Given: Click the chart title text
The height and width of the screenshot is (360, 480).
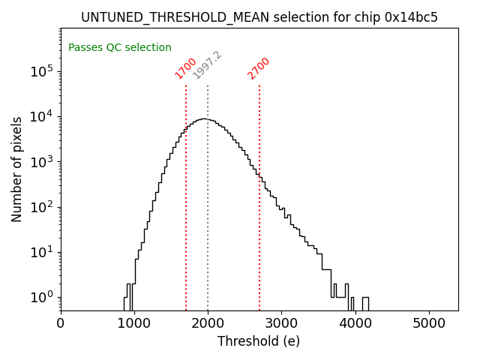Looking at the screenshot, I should pyautogui.click(x=259, y=16).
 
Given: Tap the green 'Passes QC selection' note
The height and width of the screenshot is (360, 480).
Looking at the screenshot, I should pyautogui.click(x=120, y=47).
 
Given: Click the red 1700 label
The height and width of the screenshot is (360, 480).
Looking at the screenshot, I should pyautogui.click(x=186, y=67).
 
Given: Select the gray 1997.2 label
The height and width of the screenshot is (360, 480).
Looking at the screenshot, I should pyautogui.click(x=208, y=65).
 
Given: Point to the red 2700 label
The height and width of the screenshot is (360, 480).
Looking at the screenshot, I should pyautogui.click(x=259, y=67).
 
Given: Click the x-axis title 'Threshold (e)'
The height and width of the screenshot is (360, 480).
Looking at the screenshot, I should pyautogui.click(x=259, y=341).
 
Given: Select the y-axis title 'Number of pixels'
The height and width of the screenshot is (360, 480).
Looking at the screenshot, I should pyautogui.click(x=17, y=169).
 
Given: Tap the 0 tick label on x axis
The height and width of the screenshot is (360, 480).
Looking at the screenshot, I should pyautogui.click(x=61, y=323).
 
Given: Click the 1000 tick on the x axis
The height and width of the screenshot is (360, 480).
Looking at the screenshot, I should pyautogui.click(x=134, y=323).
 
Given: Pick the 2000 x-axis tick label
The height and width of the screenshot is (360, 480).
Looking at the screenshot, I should pyautogui.click(x=208, y=323).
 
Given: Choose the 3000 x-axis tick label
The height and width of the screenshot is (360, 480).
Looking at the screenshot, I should pyautogui.click(x=281, y=323).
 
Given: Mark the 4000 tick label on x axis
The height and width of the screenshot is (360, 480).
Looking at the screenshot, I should pyautogui.click(x=355, y=323).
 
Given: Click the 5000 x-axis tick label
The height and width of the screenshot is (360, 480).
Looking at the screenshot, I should pyautogui.click(x=428, y=323).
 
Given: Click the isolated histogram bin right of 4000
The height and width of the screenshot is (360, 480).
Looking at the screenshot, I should pyautogui.click(x=365, y=303).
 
